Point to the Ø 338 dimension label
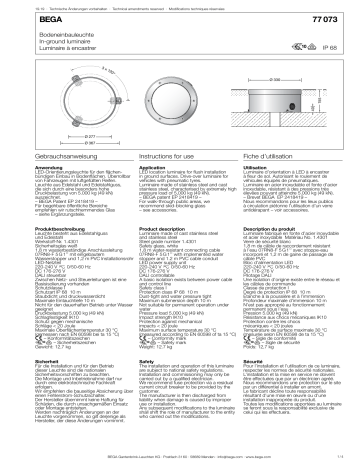coord(286,75)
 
